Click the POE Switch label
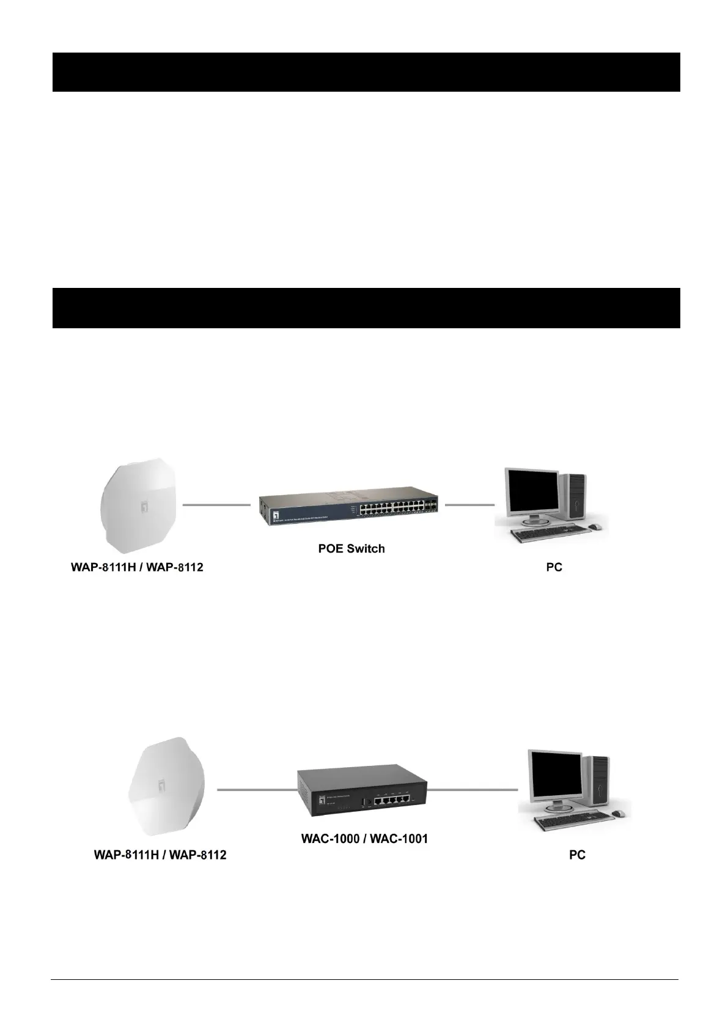(351, 548)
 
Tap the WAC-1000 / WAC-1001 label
(364, 838)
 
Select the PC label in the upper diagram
(554, 567)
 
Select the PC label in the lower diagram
(577, 855)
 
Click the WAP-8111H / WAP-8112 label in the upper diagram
(137, 567)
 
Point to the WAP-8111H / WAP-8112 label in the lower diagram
(160, 855)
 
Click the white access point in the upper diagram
(141, 504)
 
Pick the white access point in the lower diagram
(165, 787)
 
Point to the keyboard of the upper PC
(544, 535)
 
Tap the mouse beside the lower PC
(617, 813)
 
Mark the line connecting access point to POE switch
(216, 505)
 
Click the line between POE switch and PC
(469, 505)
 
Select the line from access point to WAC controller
(257, 790)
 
